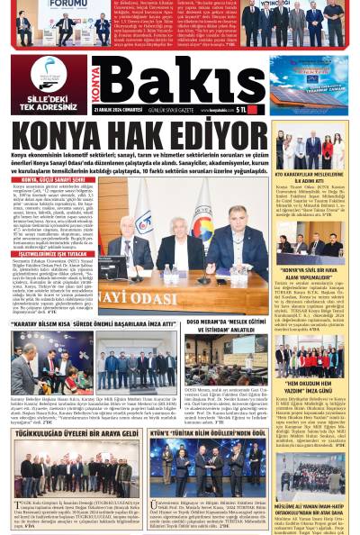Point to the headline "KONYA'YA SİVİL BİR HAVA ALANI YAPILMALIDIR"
[x=315, y=271]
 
